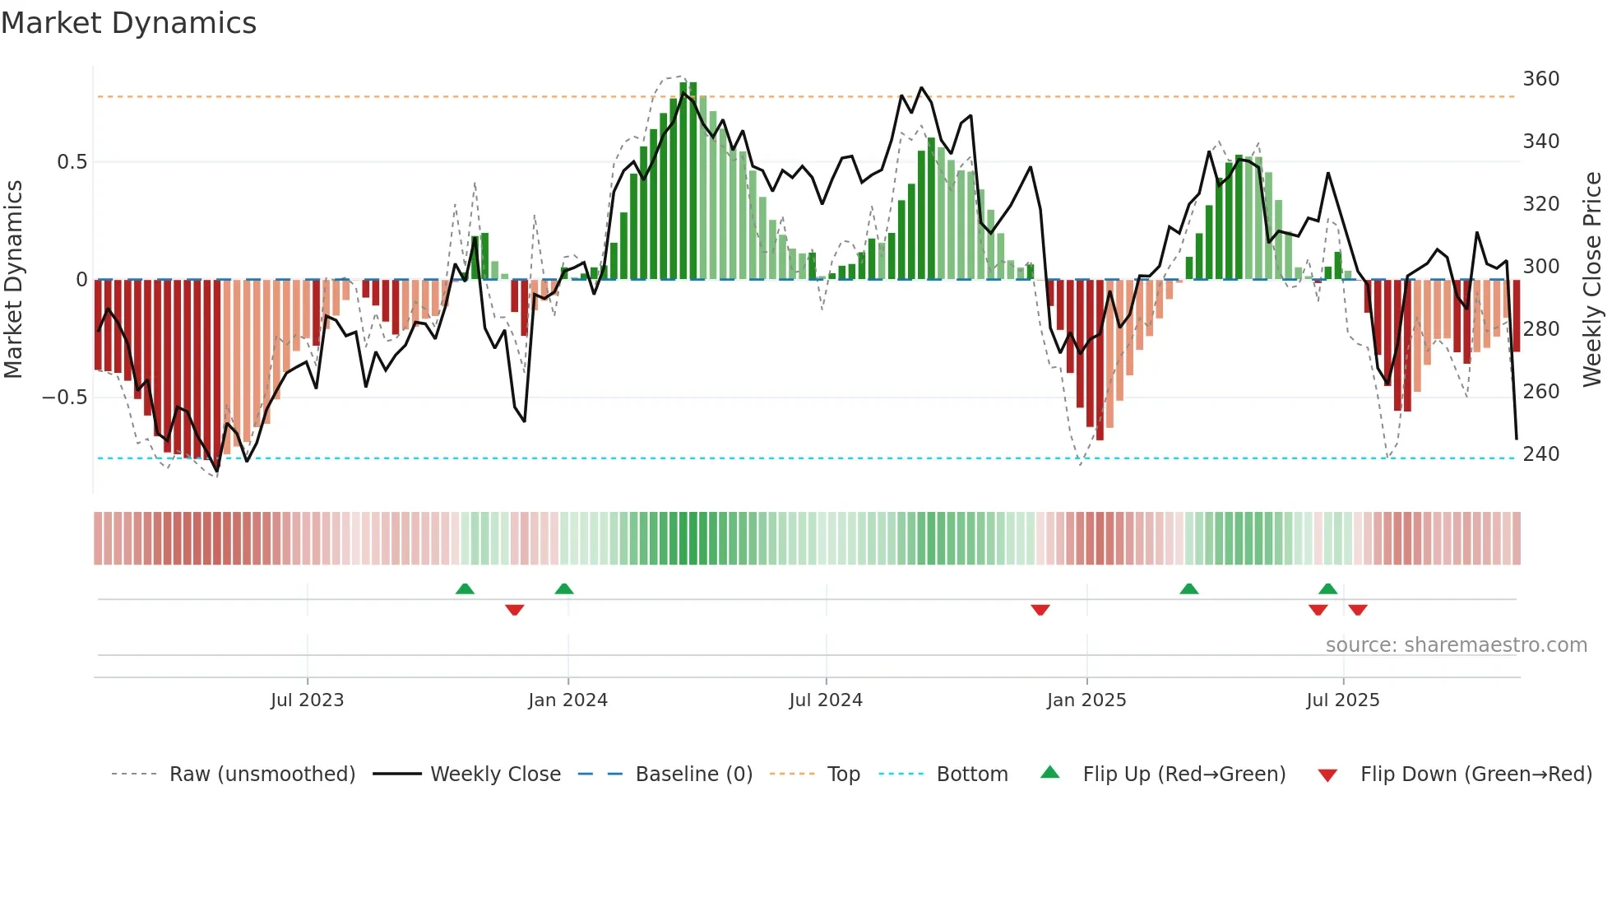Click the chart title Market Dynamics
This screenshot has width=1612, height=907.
(x=129, y=23)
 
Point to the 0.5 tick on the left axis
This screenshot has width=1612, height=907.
(x=72, y=162)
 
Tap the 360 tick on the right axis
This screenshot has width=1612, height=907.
(x=1540, y=79)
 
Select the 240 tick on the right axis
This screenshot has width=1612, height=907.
(x=1540, y=454)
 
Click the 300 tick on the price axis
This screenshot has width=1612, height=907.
(x=1540, y=267)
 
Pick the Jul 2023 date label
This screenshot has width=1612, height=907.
(x=307, y=700)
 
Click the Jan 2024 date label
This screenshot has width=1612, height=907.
(x=567, y=700)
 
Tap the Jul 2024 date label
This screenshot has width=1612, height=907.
(x=826, y=700)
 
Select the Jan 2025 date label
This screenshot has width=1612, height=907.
(x=1086, y=700)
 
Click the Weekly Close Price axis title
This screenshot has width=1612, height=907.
(x=1592, y=279)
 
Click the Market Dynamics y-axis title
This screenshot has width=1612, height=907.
(x=13, y=279)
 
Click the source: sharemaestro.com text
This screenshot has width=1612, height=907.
(x=1456, y=645)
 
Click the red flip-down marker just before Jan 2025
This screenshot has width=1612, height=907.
(x=1040, y=610)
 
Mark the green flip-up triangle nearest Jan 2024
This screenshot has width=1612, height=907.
(x=564, y=588)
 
